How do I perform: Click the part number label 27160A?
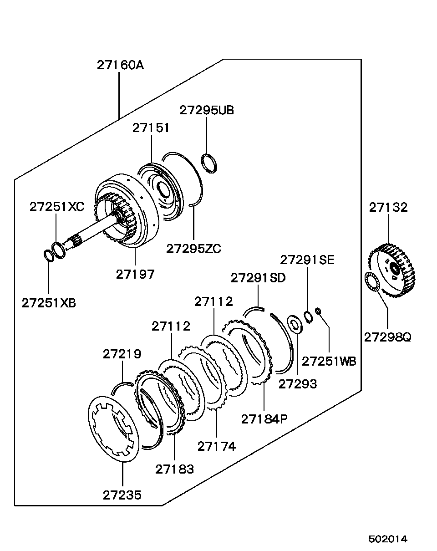point(120,65)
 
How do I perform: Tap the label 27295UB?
point(207,110)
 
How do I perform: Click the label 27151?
point(151,128)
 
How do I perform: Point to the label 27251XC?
point(57,206)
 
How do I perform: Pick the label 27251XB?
point(49,303)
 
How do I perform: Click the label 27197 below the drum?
point(135,274)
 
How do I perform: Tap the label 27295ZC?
point(193,249)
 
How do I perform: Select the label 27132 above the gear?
point(388,207)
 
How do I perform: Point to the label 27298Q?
point(387,337)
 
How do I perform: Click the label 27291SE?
point(307,260)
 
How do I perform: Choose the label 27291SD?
point(258,278)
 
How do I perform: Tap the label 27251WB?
point(329,361)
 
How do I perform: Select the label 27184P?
point(264,419)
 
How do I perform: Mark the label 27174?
point(216,446)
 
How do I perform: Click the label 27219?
point(122,354)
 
